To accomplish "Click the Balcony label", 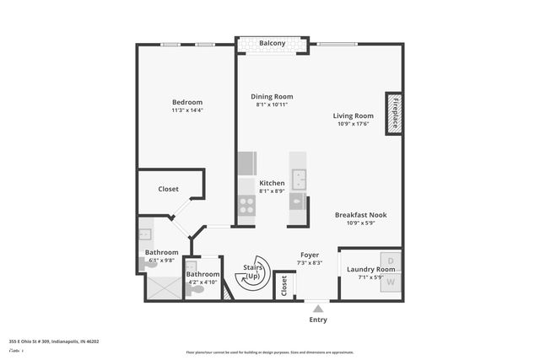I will click(x=272, y=43).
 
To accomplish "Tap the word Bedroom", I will click(x=186, y=102).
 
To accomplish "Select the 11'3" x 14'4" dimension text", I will click(x=186, y=110).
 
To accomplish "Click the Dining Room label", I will click(x=272, y=96).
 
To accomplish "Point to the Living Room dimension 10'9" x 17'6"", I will click(x=353, y=125).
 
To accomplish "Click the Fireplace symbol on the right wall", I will click(x=393, y=112).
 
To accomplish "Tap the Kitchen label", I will click(x=272, y=183).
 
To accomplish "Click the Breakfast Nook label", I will click(x=360, y=215).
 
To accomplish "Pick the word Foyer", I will click(x=310, y=255).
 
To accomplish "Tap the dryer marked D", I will click(x=391, y=261).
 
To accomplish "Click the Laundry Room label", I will click(x=364, y=270).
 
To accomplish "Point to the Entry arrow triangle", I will click(x=317, y=309).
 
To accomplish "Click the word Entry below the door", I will click(x=317, y=320).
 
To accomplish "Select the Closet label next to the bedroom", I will click(x=168, y=190).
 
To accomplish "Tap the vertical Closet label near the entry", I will click(x=284, y=285).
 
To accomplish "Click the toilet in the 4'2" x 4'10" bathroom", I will click(x=197, y=289).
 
